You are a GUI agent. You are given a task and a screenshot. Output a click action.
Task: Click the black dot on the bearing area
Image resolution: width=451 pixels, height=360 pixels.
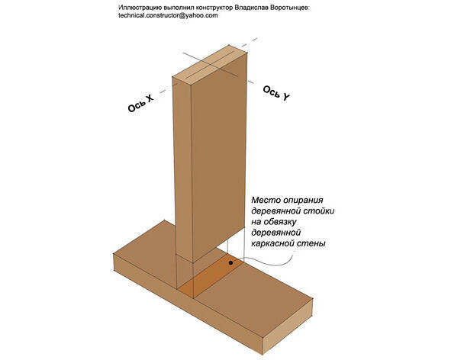coord(230,263)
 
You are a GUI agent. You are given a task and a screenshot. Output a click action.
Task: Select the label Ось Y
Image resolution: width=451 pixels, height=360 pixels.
coord(276,93)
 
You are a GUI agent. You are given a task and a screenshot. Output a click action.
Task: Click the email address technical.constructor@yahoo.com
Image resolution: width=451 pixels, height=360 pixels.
coord(168,15)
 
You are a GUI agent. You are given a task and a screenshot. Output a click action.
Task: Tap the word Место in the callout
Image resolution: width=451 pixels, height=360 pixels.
coord(263,200)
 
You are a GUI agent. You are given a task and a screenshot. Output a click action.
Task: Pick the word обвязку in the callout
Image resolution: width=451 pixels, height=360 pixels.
coord(280,222)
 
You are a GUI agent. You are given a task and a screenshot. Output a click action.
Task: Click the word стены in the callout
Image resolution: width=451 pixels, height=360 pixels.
coord(314,243)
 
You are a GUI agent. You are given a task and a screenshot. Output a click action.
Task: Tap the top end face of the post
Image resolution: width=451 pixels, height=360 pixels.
coord(210,64)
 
